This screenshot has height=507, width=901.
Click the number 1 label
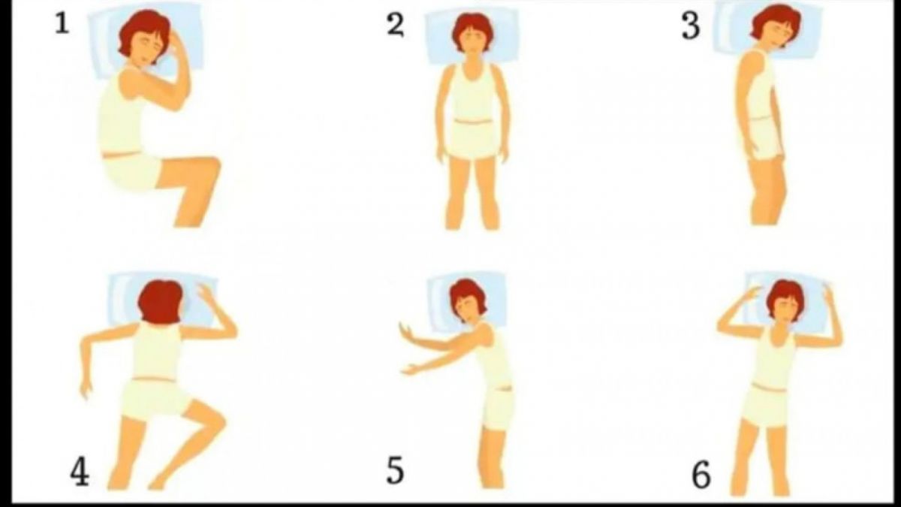tap(62, 24)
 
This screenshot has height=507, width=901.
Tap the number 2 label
tap(396, 26)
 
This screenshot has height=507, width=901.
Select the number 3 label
tap(691, 26)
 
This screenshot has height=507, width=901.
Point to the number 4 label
tap(80, 472)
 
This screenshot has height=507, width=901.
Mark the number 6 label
tap(701, 475)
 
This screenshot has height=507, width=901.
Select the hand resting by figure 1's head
tap(177, 44)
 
